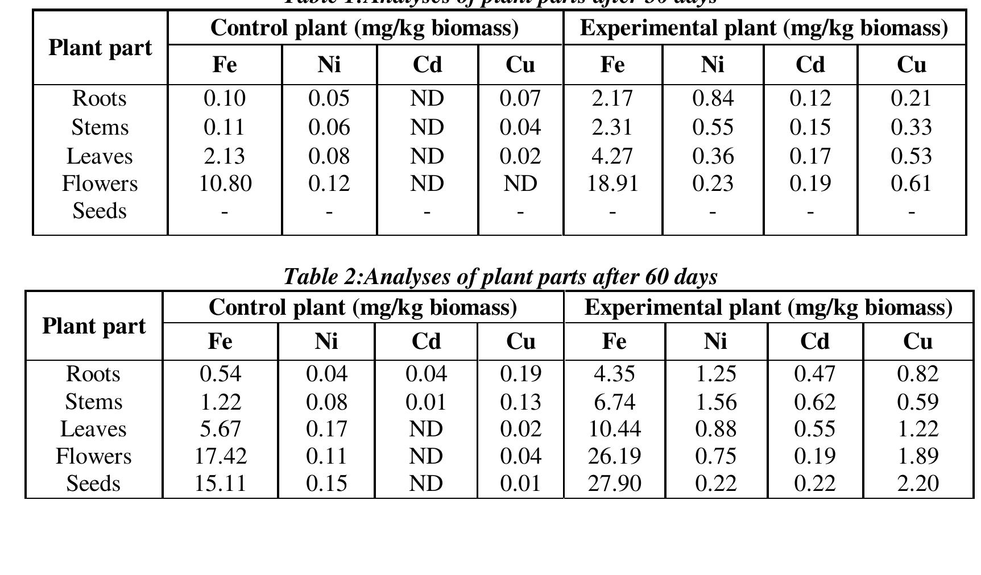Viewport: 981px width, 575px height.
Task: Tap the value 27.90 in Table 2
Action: point(614,484)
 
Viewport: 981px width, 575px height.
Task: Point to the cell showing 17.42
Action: point(221,456)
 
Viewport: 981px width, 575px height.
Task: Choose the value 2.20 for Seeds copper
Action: point(918,484)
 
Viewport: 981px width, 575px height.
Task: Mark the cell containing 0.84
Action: point(713,99)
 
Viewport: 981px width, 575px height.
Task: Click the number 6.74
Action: point(614,402)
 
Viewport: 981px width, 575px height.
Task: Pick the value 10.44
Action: point(614,429)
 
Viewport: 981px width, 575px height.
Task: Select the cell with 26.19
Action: point(614,456)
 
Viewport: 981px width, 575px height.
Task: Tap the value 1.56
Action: point(716,402)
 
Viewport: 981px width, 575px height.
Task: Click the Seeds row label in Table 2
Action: point(93,484)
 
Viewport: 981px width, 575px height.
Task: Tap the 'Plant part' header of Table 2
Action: point(94,326)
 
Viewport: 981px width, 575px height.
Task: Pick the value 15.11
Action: point(221,484)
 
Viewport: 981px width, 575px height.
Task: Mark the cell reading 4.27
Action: point(612,156)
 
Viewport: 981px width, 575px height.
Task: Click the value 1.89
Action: point(918,456)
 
